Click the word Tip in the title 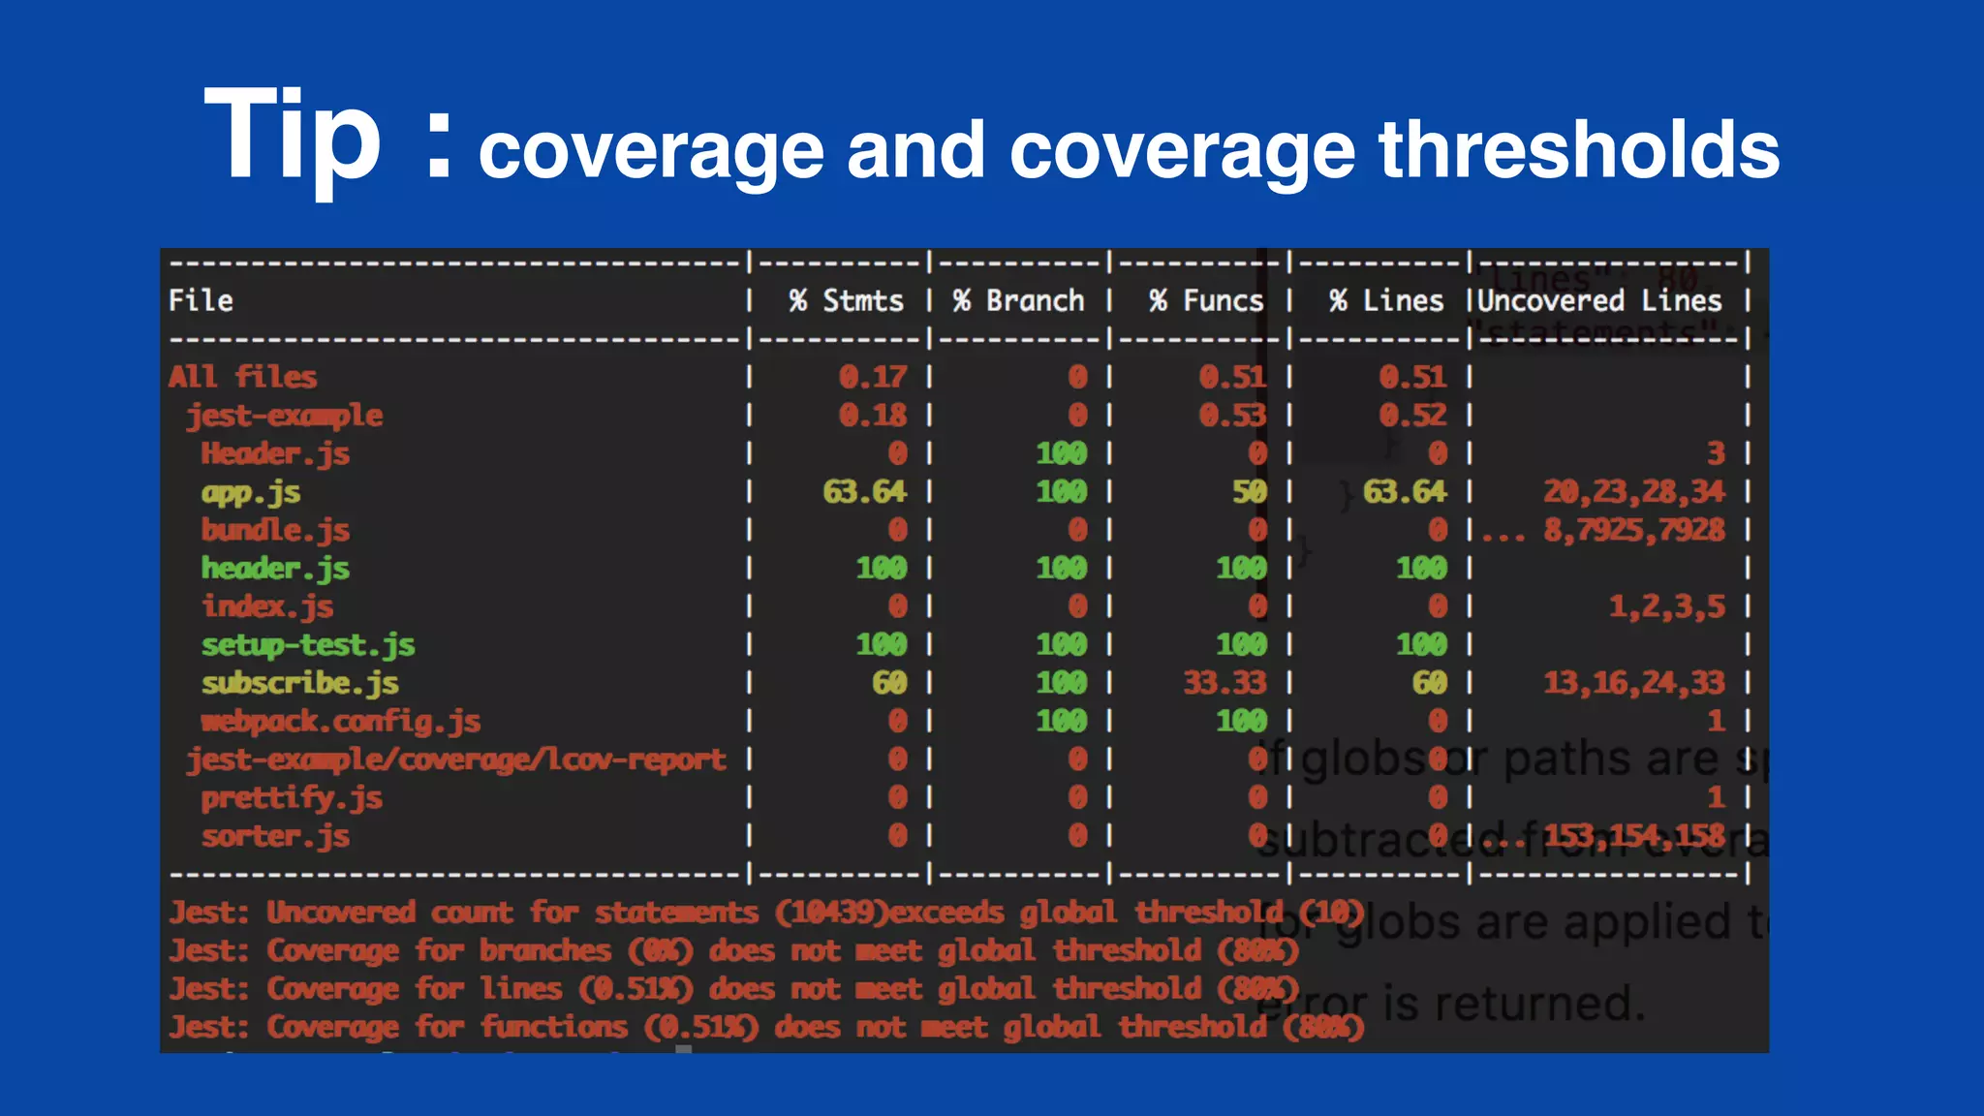(293, 136)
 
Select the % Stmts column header (846, 301)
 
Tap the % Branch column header (1018, 301)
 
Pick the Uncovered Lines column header (1599, 301)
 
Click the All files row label (242, 377)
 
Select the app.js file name (251, 492)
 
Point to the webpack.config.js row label (340, 722)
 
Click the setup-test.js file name (308, 645)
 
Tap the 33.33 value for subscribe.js (1224, 683)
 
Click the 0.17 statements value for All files (873, 377)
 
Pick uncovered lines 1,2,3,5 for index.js (1666, 607)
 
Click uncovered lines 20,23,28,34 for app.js (1633, 492)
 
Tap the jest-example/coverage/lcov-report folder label (456, 759)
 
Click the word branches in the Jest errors (545, 951)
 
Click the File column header (201, 301)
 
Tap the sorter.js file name (275, 836)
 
